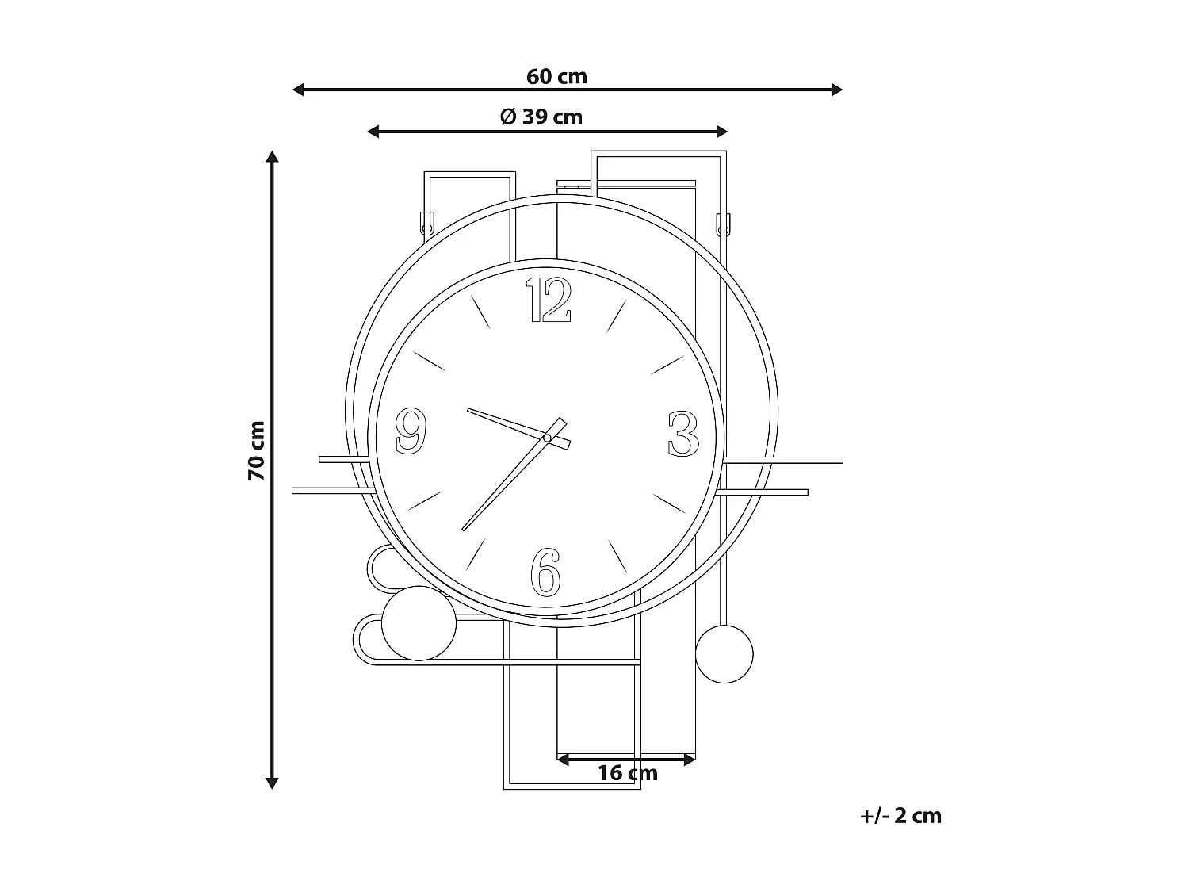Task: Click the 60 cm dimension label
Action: (x=556, y=76)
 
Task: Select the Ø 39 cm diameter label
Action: (x=541, y=117)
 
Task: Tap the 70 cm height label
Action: (x=256, y=450)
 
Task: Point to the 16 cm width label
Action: (x=628, y=773)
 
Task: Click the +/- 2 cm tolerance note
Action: (x=900, y=816)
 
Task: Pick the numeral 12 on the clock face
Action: (x=549, y=301)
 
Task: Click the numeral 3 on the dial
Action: (x=682, y=434)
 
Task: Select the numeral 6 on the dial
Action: (x=545, y=572)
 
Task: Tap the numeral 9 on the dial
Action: (x=411, y=431)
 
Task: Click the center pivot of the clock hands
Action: (x=547, y=438)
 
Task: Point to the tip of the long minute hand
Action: (x=464, y=529)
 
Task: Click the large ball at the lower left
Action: (x=419, y=623)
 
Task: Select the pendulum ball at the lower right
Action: (x=724, y=653)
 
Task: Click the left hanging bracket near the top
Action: (x=426, y=224)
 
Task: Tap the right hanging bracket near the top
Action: (x=722, y=224)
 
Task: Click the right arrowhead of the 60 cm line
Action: (x=836, y=90)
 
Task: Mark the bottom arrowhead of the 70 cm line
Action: (x=272, y=783)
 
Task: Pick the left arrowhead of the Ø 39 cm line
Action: (x=373, y=132)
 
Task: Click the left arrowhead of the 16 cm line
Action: (x=563, y=760)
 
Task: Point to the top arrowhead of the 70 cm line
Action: (x=272, y=157)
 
